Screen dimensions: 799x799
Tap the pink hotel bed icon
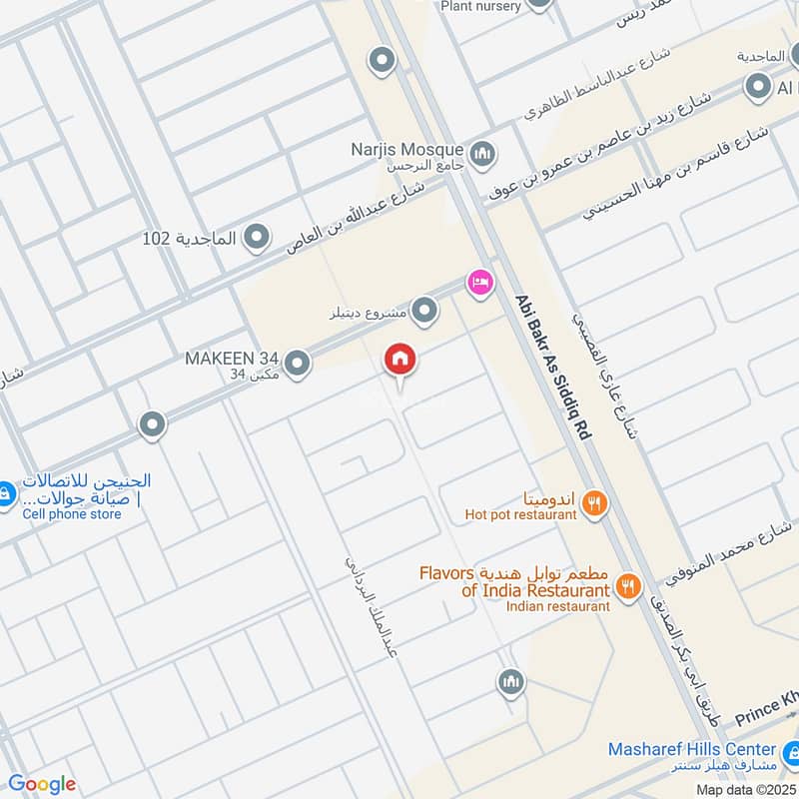(480, 283)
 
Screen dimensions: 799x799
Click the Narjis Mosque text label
(406, 149)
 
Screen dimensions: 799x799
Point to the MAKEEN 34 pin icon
(296, 365)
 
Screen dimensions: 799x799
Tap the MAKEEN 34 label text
(231, 358)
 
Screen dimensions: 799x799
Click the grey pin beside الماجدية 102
(258, 238)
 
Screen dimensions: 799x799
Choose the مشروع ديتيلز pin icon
(425, 313)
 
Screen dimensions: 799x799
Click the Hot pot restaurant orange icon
(594, 504)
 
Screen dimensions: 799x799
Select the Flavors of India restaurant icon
(628, 586)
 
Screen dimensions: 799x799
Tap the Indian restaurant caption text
(557, 606)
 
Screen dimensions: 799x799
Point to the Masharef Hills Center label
(691, 749)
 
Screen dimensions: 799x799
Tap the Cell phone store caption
(72, 514)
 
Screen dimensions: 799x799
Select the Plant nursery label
(480, 6)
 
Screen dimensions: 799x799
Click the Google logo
(41, 784)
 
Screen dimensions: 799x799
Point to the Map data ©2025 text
(747, 790)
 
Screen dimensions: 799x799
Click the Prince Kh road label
(766, 716)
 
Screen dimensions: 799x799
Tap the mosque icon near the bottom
(510, 683)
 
